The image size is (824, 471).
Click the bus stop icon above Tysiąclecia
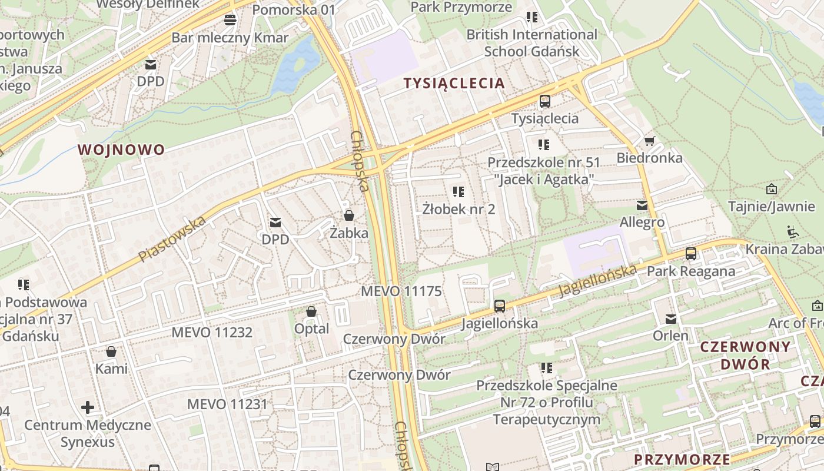pos(545,101)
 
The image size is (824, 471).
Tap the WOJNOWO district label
pos(121,150)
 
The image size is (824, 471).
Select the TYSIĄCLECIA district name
pos(454,83)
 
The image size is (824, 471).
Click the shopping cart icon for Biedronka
pos(649,141)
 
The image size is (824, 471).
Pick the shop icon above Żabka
pos(349,215)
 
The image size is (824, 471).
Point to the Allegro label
pos(642,222)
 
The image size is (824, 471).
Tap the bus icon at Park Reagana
pos(691,254)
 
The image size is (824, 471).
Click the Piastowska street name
pos(172,239)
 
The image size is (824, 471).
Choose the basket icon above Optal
pos(311,311)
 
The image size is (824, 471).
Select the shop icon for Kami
pos(111,351)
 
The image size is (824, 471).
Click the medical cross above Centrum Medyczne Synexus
pos(88,407)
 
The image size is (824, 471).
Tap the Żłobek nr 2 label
pos(459,209)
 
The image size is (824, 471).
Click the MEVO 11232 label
pos(212,333)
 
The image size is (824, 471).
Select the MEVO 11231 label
pos(227,404)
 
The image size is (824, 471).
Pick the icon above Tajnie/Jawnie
pos(771,189)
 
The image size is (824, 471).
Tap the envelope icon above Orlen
pos(670,319)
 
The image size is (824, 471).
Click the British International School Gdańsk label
pos(532,43)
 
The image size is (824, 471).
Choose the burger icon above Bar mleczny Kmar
pos(230,20)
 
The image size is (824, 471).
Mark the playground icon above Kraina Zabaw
pos(792,231)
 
